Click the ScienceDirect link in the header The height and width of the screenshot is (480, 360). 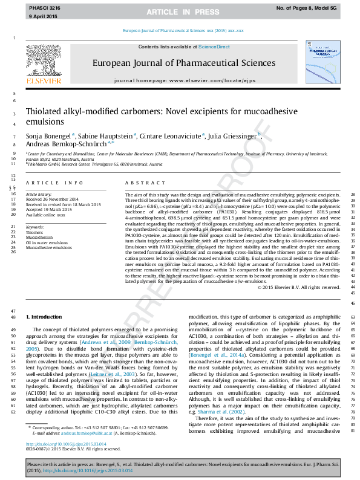coord(214,47)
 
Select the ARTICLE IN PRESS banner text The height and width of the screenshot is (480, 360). coord(179,11)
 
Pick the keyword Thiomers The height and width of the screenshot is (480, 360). coord(34,232)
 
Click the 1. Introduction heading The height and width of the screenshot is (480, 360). coord(46,317)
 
